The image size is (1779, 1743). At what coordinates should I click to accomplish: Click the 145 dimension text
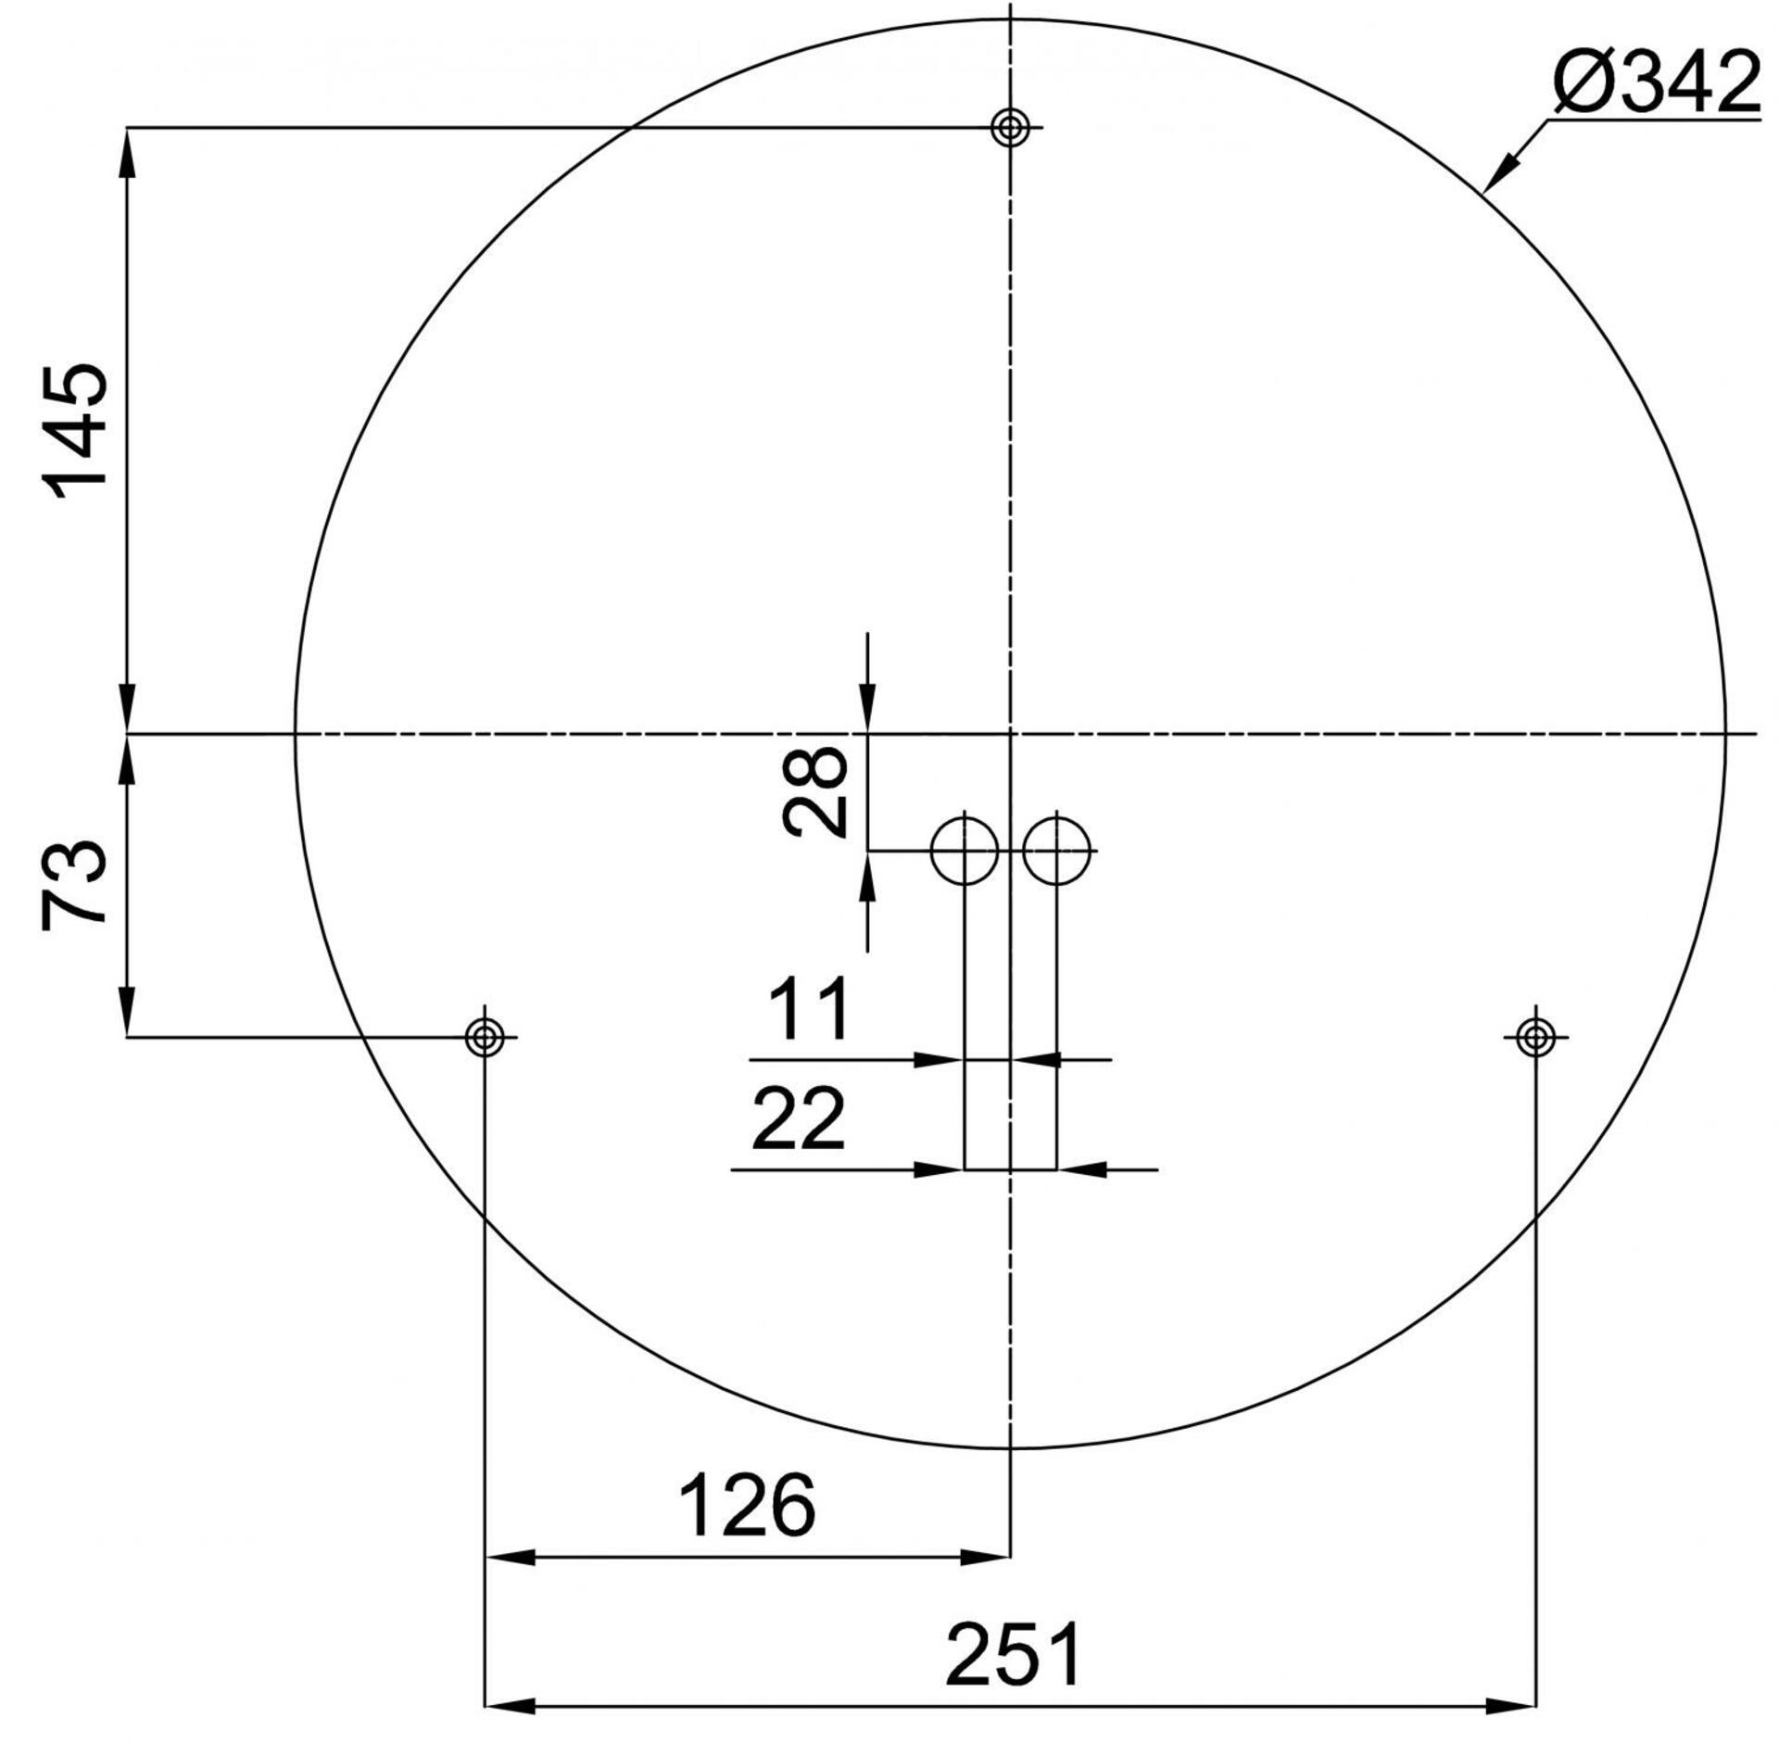76,432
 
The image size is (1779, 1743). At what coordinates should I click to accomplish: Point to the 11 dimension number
808,1009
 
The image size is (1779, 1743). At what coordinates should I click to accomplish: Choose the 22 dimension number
798,1119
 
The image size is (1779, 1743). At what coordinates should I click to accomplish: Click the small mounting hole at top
1009,127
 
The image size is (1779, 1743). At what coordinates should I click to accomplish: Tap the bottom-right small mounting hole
1535,1037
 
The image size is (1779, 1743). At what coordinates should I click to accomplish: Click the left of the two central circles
965,851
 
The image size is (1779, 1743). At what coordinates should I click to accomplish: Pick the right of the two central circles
1056,851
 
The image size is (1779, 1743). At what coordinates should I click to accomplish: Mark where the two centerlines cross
1010,734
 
